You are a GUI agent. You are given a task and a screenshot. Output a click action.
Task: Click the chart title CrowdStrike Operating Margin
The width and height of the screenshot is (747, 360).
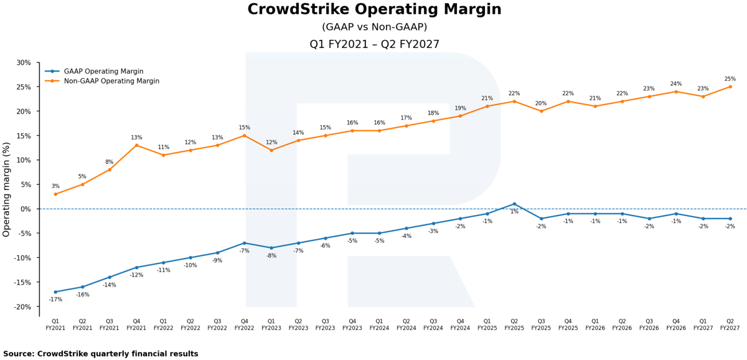pyautogui.click(x=374, y=9)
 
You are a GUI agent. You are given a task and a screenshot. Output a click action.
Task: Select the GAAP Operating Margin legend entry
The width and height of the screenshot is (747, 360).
pyautogui.click(x=94, y=72)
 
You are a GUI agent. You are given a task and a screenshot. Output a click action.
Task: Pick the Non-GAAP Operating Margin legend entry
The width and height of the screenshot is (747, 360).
pyautogui.click(x=102, y=81)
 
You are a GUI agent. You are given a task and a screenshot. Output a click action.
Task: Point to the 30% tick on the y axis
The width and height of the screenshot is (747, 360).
pyautogui.click(x=24, y=63)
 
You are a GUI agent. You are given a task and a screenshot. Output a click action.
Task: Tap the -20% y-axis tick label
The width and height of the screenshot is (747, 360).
pyautogui.click(x=22, y=307)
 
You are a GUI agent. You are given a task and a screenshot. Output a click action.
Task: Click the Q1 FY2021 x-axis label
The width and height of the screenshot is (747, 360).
pyautogui.click(x=55, y=324)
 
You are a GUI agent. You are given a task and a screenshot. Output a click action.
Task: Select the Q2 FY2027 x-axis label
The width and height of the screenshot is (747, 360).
pyautogui.click(x=730, y=324)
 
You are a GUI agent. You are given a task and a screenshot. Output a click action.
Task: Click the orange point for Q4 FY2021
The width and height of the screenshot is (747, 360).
pyautogui.click(x=136, y=146)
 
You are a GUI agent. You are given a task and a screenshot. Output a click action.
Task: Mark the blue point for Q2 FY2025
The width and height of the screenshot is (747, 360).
pyautogui.click(x=514, y=204)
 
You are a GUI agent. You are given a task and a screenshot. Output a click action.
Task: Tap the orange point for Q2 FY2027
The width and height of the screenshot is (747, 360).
pyautogui.click(x=730, y=87)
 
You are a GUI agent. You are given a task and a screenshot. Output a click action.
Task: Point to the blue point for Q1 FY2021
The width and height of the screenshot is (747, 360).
pyautogui.click(x=55, y=292)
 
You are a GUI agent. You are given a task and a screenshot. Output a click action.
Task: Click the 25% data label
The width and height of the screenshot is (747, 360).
pyautogui.click(x=730, y=79)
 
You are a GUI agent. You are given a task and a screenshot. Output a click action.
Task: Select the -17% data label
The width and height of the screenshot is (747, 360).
pyautogui.click(x=55, y=300)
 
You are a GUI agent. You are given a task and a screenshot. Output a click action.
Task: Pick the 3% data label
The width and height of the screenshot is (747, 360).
pyautogui.click(x=55, y=186)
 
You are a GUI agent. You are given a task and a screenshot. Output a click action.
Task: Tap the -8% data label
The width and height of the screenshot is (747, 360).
pyautogui.click(x=271, y=256)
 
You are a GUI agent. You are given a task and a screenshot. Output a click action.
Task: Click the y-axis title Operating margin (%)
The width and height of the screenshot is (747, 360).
pyautogui.click(x=6, y=189)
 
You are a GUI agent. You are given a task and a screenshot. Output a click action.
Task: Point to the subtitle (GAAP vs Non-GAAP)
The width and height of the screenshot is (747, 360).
pyautogui.click(x=374, y=27)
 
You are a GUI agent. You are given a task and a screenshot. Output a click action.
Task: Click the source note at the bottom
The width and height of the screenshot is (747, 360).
pyautogui.click(x=101, y=354)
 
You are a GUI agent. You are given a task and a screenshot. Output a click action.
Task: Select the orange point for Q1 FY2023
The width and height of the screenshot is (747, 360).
pyautogui.click(x=271, y=151)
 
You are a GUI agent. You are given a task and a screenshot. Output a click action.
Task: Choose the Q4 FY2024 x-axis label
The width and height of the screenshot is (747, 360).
pyautogui.click(x=460, y=324)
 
